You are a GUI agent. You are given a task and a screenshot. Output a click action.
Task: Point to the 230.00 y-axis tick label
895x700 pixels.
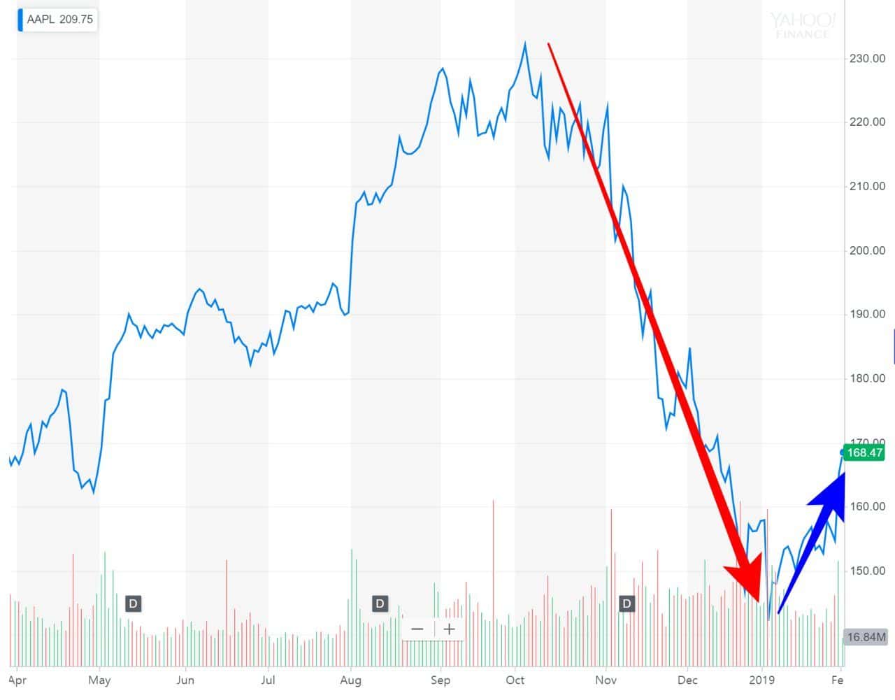click(867, 59)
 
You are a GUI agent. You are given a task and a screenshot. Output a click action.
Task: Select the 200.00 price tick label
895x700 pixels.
click(867, 250)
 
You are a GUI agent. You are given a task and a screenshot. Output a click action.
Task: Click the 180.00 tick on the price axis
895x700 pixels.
click(867, 378)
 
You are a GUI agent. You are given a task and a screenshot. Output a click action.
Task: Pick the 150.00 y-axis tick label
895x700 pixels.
click(867, 571)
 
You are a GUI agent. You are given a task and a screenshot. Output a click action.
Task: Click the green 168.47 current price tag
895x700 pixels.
click(864, 452)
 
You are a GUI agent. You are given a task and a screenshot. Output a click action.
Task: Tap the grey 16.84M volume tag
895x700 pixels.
click(866, 637)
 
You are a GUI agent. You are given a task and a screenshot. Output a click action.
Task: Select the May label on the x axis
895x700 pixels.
click(100, 680)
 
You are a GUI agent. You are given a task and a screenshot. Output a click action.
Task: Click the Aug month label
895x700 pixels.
click(350, 680)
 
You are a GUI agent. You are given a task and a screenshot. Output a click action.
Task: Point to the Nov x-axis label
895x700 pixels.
click(606, 680)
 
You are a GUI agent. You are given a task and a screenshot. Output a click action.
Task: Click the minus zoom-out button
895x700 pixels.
click(417, 629)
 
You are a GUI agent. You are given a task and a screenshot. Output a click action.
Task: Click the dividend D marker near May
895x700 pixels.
click(133, 603)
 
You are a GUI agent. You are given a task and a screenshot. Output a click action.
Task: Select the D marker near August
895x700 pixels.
click(380, 603)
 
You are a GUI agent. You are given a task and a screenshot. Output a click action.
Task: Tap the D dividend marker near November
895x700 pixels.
click(626, 603)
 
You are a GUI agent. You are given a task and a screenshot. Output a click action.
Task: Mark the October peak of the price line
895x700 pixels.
click(525, 43)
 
